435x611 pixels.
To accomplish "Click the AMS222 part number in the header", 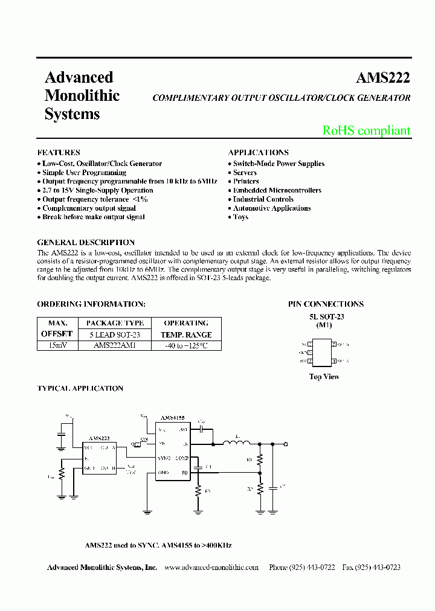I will coord(382,78).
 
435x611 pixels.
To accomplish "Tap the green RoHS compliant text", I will coord(366,130).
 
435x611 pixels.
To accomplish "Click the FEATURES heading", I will coord(59,153).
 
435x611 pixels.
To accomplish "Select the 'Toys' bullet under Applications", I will coord(240,217).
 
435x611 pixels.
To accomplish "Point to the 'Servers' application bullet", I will coord(245,173).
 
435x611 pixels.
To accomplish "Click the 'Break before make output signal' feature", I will coord(93,217).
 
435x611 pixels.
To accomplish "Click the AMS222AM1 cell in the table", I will coord(115,346).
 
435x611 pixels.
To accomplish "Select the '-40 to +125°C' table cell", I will coord(186,346).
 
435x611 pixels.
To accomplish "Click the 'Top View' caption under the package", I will coord(324,377).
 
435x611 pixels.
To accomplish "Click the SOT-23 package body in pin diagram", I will coord(322,353).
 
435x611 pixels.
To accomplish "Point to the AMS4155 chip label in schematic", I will coord(172,417).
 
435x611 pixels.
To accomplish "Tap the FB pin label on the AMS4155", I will coord(185,472).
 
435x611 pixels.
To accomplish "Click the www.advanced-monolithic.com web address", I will coord(211,568).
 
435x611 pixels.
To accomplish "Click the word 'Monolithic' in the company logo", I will coord(82,95).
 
